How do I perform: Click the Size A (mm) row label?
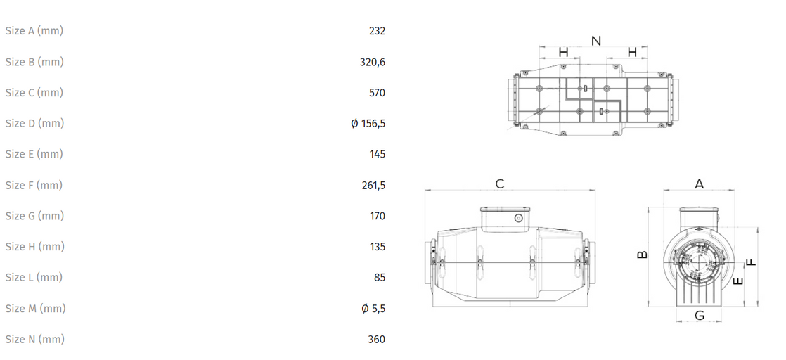coord(34,31)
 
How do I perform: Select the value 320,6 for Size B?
coord(373,62)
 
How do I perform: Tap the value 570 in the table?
coord(377,93)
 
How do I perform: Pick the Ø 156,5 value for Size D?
coord(368,123)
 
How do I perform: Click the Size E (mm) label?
coord(34,154)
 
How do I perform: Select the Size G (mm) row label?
coord(34,216)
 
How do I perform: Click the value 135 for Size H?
coord(378,247)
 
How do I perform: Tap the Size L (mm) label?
coord(34,277)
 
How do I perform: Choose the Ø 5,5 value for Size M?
coord(373,309)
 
